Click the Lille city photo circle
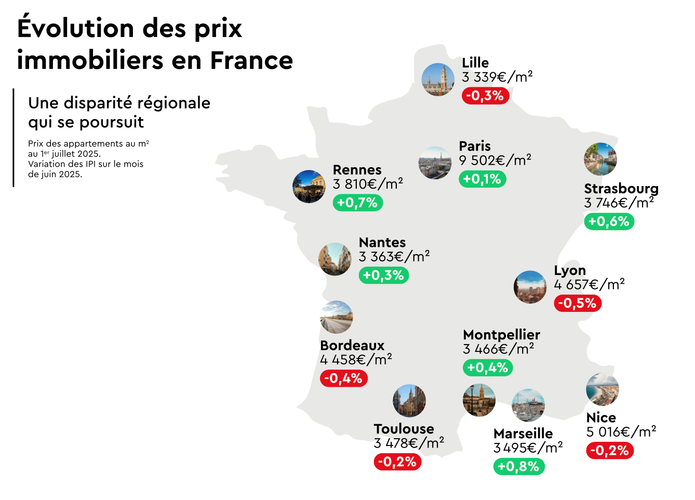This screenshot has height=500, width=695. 438,80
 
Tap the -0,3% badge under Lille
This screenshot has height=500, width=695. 485,96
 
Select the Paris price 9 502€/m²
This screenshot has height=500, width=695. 495,160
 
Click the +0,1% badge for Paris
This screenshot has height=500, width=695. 482,179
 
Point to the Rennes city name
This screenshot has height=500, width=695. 357,170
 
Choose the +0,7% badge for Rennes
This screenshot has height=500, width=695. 357,203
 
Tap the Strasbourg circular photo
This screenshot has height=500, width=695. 600,159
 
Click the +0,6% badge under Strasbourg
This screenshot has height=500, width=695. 609,221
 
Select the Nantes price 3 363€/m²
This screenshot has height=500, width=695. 394,257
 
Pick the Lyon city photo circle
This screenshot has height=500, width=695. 530,287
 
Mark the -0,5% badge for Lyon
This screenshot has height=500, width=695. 578,303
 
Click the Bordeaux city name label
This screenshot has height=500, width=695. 352,346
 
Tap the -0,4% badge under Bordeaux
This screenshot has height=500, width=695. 343,378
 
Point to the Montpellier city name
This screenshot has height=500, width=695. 501,335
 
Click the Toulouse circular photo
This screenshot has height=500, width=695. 409,401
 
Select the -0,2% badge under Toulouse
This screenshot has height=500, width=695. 397,462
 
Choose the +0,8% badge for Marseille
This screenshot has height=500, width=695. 518,466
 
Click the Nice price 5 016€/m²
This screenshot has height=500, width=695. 621,432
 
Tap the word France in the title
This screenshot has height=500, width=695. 251,60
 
